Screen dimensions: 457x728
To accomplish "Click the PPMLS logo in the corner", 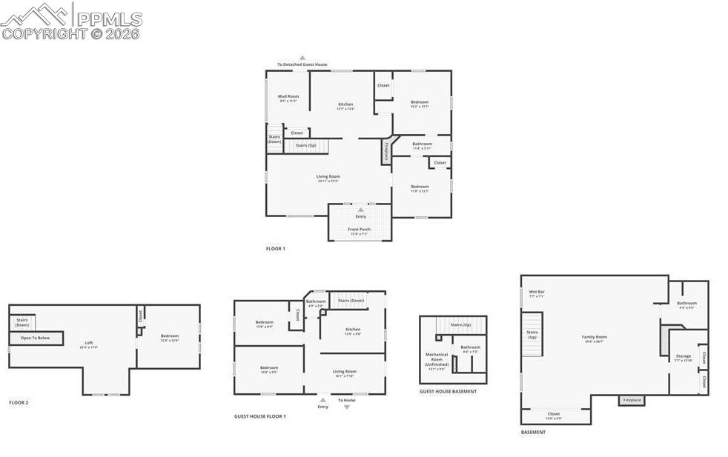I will tap(70, 21).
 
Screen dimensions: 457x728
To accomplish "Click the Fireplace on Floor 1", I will tap(385, 151).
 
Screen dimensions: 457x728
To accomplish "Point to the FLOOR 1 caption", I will tap(275, 249).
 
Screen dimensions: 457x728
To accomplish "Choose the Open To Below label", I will tap(35, 338).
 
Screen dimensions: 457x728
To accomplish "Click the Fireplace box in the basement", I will tap(632, 401).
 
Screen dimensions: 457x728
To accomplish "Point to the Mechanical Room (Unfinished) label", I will tap(436, 359).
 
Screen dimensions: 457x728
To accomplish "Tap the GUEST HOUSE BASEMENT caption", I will tap(448, 391).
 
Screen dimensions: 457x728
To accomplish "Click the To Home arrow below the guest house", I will tap(346, 407).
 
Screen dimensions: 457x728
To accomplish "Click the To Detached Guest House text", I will tap(302, 64).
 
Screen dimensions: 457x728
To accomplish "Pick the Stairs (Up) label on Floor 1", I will tap(306, 145).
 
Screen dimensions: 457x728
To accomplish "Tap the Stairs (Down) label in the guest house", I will tap(351, 301).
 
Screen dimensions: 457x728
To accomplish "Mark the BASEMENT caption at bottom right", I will tap(533, 432).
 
